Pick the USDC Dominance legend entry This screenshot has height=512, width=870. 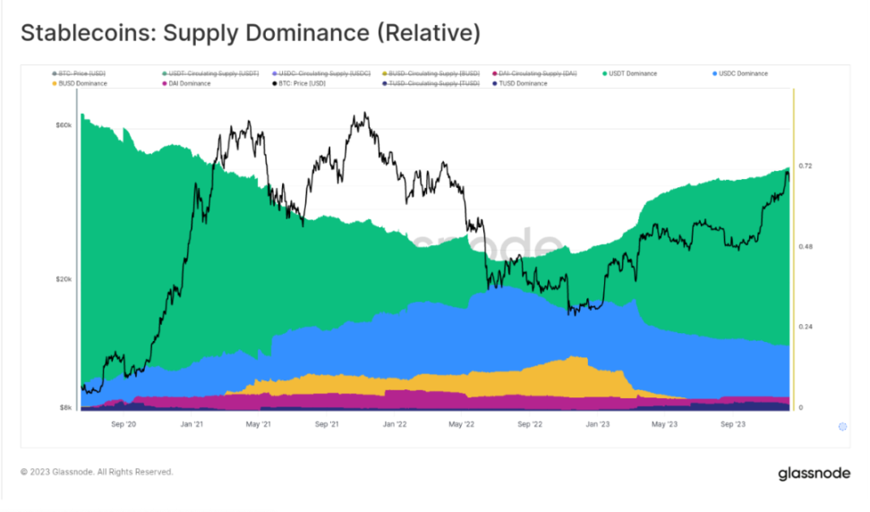tap(741, 73)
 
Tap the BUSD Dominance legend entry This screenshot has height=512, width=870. tap(80, 83)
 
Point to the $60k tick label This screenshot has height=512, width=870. tap(64, 125)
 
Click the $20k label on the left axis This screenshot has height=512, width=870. tap(64, 279)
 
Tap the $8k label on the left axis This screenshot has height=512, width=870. tap(65, 407)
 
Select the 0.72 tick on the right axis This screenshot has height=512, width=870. tap(805, 166)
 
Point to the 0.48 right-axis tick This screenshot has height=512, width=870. tap(805, 247)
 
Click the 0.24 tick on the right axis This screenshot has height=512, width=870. tap(805, 327)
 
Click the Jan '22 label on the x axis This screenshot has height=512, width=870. tap(395, 425)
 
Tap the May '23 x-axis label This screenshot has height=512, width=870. tap(666, 425)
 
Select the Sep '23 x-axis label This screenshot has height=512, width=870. tap(733, 425)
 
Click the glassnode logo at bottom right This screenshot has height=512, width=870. tap(814, 473)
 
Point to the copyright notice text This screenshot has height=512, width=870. tap(97, 472)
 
